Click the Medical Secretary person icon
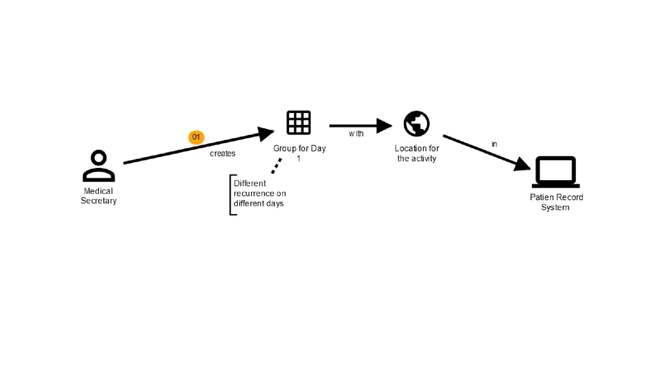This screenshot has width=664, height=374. coord(99,166)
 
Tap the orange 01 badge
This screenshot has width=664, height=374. coord(196,137)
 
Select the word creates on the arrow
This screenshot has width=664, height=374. coord(222,153)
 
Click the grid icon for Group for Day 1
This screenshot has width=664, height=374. coord(298,123)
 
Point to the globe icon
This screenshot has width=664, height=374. coord(417,124)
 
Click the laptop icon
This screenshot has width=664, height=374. coord(556,172)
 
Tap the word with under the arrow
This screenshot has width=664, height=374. coord(356,134)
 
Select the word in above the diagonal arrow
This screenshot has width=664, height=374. coord(495,144)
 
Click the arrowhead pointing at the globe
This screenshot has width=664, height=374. coord(384,126)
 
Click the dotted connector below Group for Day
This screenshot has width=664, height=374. coord(276,166)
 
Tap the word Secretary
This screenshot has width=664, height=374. coord(99,201)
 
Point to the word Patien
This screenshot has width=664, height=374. coord(541,197)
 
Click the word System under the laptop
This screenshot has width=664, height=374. coord(555,207)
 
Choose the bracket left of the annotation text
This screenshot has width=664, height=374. coord(232,195)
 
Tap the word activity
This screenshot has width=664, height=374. coord(424,159)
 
